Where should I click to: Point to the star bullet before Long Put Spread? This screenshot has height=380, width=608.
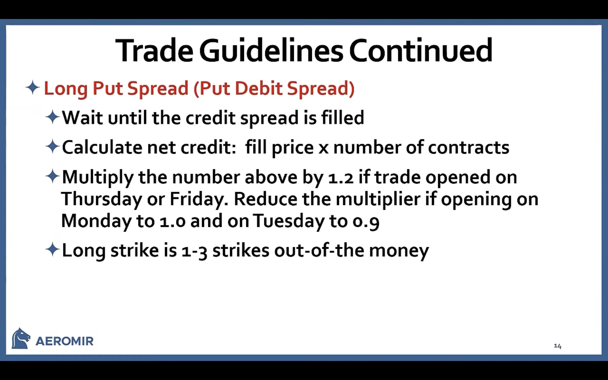(x=33, y=87)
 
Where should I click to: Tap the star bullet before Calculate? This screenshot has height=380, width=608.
(x=53, y=147)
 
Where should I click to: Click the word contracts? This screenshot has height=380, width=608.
(x=469, y=148)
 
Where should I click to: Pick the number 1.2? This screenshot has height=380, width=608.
(x=341, y=177)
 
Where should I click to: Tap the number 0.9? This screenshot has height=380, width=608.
(x=366, y=221)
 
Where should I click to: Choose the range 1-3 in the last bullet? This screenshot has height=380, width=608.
(x=194, y=251)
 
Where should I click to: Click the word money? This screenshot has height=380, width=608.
(x=399, y=251)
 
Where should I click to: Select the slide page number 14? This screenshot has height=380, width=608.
(x=558, y=346)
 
